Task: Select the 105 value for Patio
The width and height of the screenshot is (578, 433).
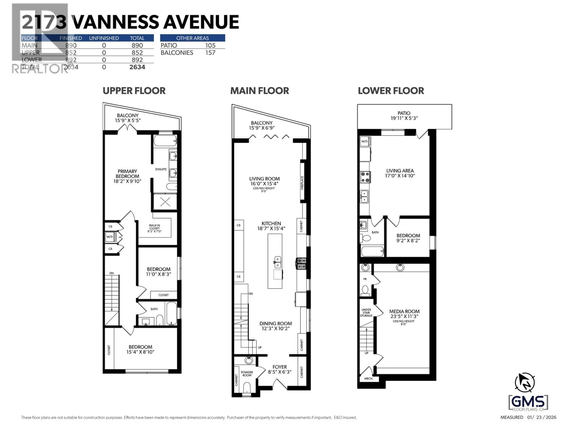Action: [210, 45]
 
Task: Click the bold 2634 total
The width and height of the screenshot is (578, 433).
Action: [137, 67]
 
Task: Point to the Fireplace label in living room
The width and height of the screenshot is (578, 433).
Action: [302, 183]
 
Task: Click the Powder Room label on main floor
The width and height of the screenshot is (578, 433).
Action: [247, 374]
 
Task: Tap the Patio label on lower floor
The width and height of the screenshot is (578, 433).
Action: [404, 113]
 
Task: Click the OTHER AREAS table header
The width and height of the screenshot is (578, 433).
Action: [192, 38]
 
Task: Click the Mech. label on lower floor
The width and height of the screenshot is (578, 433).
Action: [368, 378]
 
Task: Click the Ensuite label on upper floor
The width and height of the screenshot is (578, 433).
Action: [161, 169]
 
